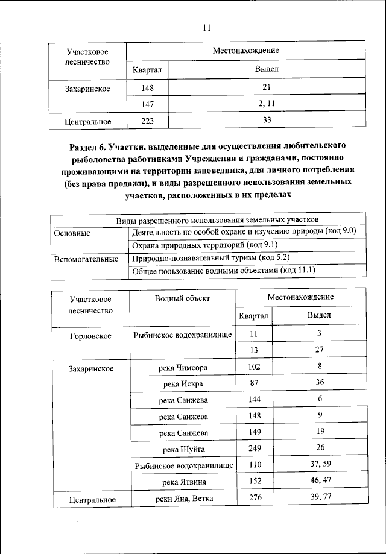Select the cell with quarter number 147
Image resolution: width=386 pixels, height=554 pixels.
point(147,104)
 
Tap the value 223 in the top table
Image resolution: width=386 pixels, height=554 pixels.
point(147,121)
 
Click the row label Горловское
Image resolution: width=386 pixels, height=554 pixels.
point(90,335)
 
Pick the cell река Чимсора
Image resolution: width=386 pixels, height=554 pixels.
point(182,367)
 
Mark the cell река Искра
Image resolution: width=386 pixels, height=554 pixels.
point(183,383)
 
